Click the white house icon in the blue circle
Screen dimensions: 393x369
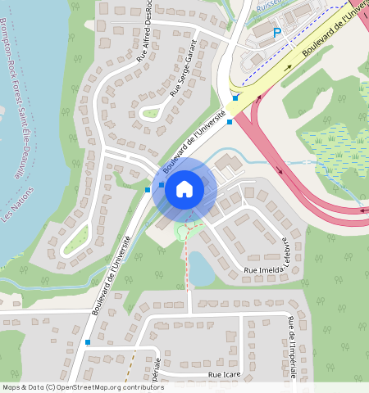coord(184,190)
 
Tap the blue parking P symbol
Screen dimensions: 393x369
coord(277,33)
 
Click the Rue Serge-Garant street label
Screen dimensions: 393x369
coord(184,69)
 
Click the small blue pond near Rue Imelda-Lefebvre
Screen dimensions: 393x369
coord(201,267)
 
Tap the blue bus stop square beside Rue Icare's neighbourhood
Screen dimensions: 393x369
coord(87,342)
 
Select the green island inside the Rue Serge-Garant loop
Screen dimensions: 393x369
coord(150,112)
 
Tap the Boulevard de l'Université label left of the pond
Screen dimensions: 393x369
coord(112,275)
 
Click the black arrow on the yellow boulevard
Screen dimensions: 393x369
coord(288,68)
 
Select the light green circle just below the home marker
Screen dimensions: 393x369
coord(185,233)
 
